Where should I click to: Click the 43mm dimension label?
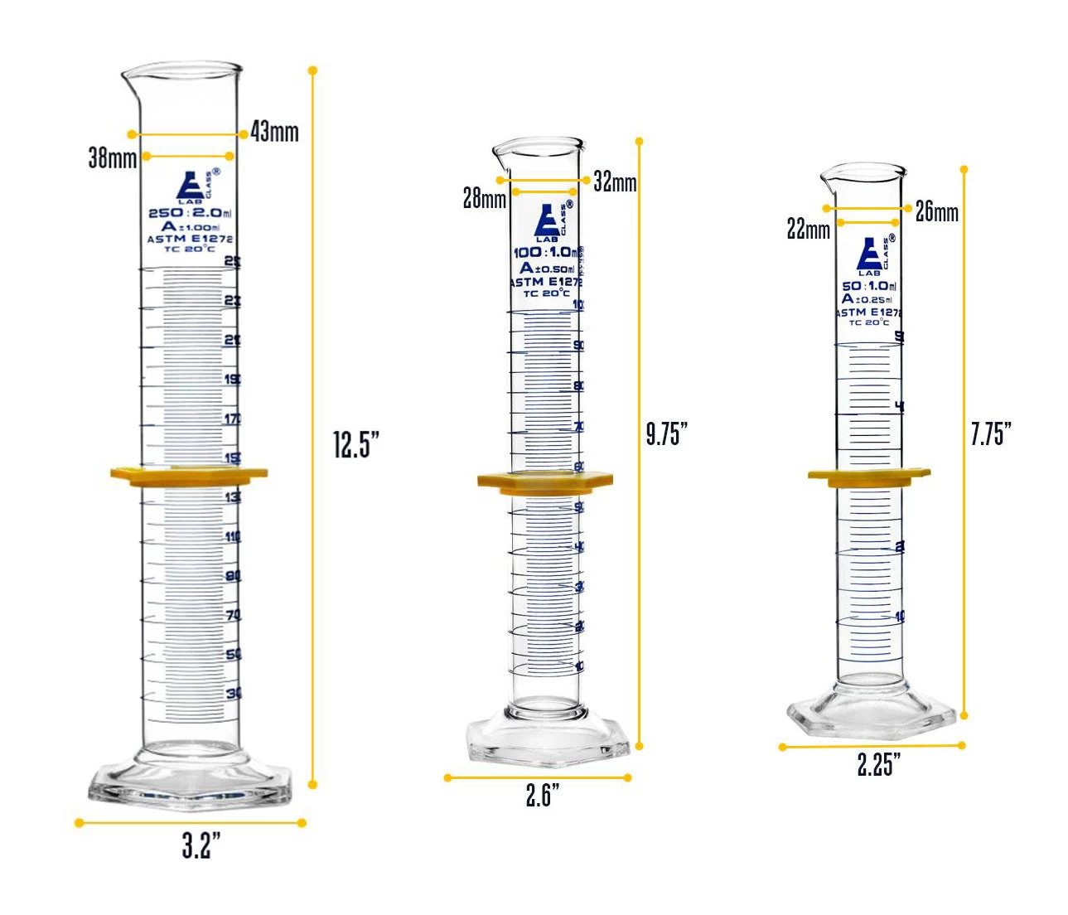point(274,132)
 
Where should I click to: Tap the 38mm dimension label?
point(112,157)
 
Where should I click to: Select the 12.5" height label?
point(356,445)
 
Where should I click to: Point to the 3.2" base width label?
point(201,846)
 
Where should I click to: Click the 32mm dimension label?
point(615,182)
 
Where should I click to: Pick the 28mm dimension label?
point(484,199)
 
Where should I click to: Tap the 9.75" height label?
point(667,433)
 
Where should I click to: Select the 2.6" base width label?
point(543,796)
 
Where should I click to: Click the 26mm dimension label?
point(936,212)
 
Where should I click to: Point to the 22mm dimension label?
point(808,230)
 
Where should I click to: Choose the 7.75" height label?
point(991,433)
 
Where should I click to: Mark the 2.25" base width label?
point(879,764)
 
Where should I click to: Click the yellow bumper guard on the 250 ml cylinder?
point(189,475)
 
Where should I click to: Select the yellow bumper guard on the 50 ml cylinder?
point(868,477)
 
